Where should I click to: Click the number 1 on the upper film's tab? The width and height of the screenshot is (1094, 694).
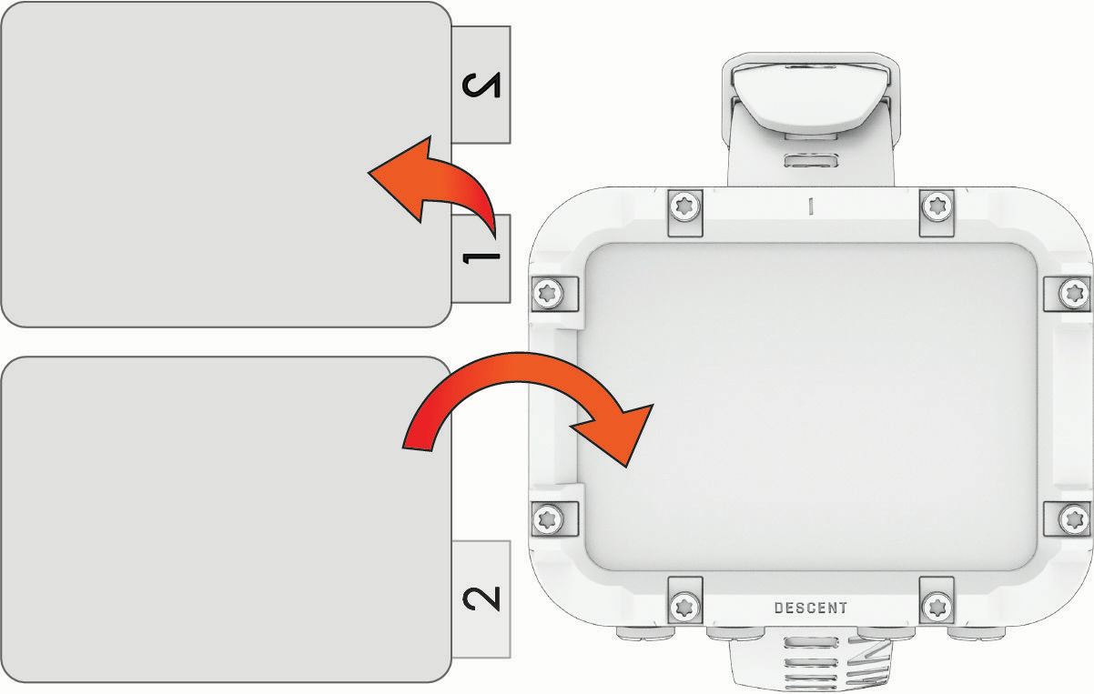pos(481,258)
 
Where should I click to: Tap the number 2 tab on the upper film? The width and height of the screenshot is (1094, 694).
pos(481,85)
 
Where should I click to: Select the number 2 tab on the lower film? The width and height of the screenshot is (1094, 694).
pos(481,598)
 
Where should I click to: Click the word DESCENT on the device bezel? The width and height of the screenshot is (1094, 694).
pos(811,608)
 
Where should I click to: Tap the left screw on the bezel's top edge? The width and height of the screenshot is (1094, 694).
pos(684,207)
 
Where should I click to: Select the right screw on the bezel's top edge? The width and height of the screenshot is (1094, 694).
pos(937,207)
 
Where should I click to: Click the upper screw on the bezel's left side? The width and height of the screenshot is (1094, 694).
pos(548,294)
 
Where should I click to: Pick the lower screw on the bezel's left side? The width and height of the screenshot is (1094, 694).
pos(548,518)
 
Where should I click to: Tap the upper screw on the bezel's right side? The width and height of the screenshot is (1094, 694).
pos(1073,294)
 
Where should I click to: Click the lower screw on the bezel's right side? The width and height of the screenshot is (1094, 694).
pos(1073,518)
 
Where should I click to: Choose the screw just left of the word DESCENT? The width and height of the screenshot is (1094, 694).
pos(684,607)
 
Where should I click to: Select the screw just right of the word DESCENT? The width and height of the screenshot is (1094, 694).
pos(937,607)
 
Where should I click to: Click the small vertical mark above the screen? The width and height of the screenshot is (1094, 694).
pos(811,206)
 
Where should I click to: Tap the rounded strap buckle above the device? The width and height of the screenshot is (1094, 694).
pos(811,97)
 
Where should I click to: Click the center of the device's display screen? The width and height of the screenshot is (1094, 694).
pos(810,407)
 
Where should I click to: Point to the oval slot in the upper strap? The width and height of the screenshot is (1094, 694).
pos(811,161)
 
